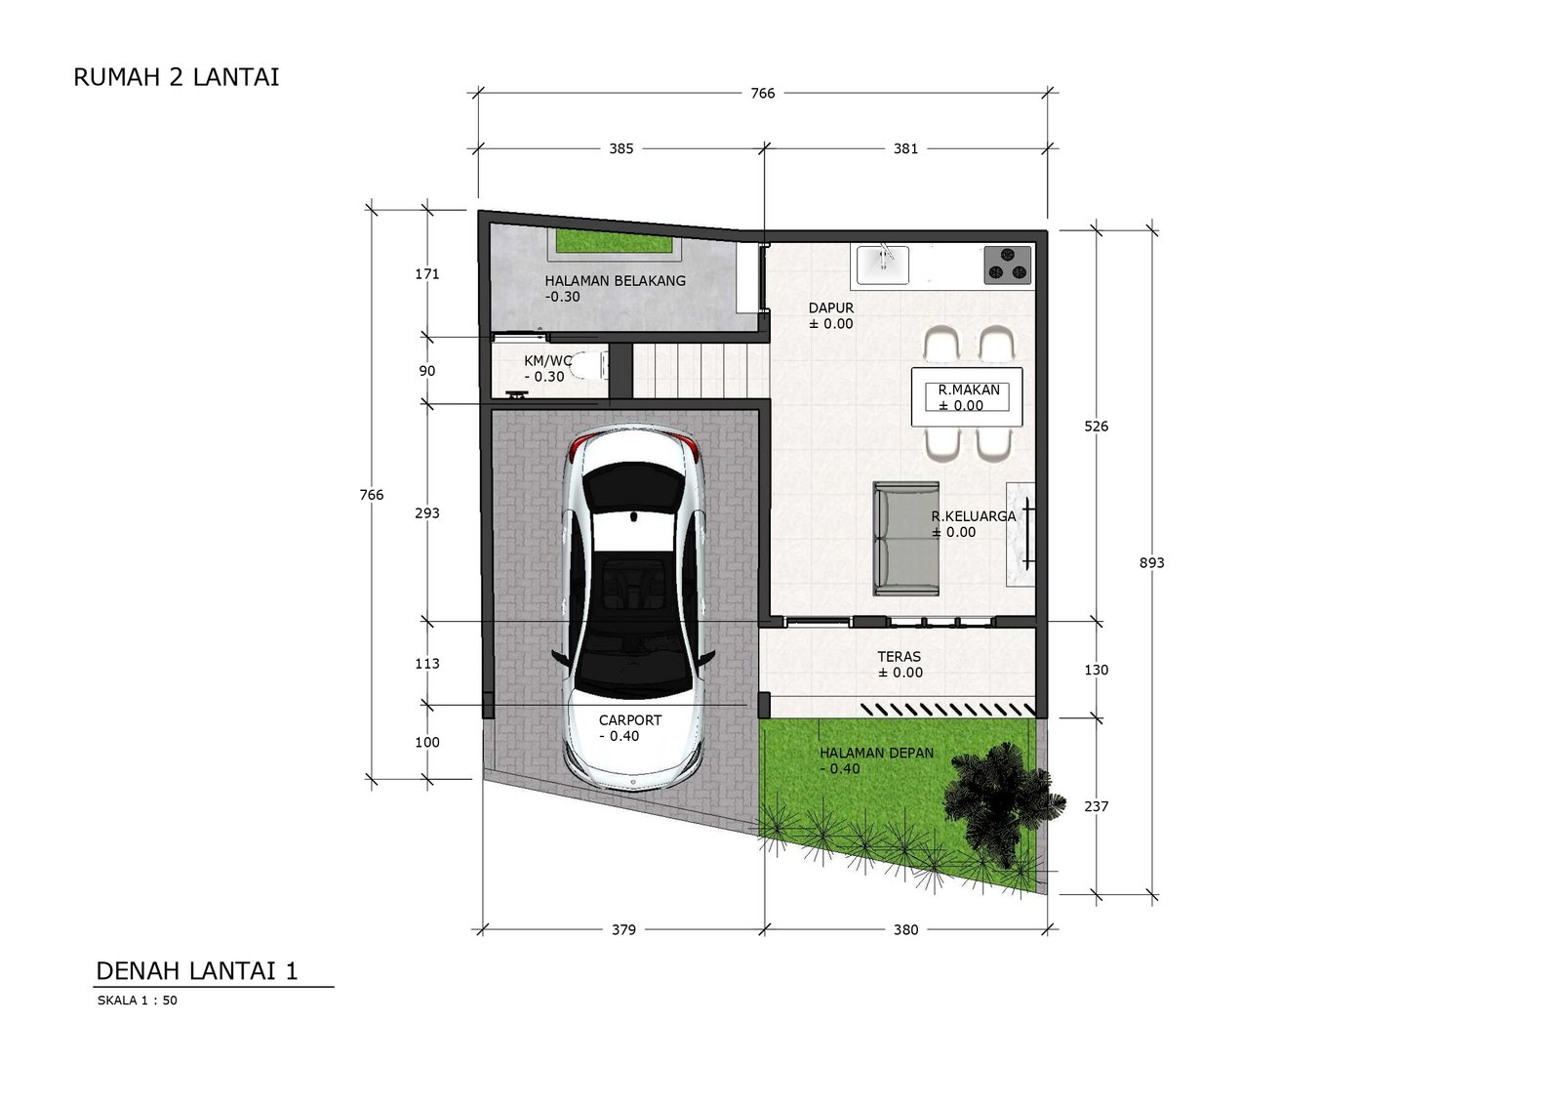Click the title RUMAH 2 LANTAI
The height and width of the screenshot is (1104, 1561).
(177, 77)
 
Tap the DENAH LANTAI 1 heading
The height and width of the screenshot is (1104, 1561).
(196, 971)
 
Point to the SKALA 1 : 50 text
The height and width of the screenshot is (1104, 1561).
(138, 1001)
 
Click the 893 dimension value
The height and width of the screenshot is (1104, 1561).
(1152, 563)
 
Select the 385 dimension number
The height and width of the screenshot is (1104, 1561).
(621, 148)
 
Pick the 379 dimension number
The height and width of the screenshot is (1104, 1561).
(623, 929)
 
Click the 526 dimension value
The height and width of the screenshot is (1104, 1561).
(1097, 427)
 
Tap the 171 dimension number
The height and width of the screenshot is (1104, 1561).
(427, 274)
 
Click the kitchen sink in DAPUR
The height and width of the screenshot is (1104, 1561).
(882, 265)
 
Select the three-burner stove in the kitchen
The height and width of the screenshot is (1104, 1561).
(1007, 265)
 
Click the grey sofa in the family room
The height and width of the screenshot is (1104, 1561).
(906, 539)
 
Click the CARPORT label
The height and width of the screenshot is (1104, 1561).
(630, 720)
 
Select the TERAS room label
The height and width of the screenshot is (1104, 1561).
(899, 657)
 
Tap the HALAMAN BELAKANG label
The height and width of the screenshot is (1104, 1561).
(616, 281)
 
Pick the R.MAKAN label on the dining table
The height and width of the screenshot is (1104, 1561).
(969, 390)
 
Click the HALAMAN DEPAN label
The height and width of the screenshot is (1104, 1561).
(877, 754)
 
